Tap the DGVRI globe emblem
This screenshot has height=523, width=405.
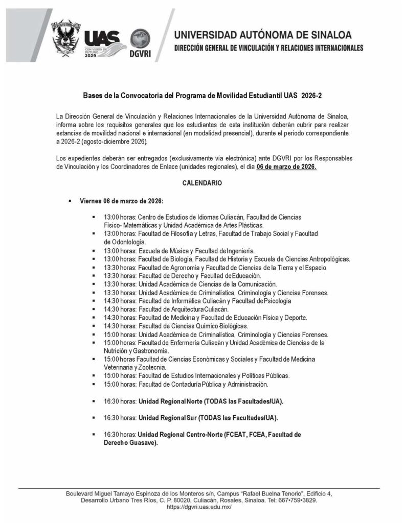pos(141,39)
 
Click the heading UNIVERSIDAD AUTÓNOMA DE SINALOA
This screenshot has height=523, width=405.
pos(263,35)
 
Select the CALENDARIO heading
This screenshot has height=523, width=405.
pos(202,182)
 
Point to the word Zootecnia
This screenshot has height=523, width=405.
pos(151,367)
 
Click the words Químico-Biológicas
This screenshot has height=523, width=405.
pos(223,326)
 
